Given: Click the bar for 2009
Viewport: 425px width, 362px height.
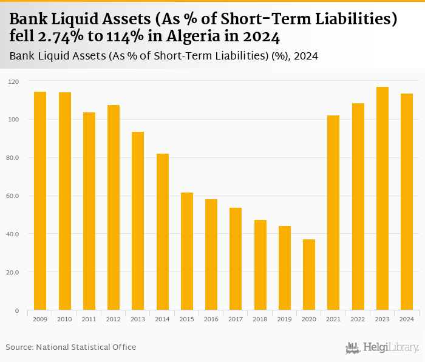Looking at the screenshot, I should (40, 200).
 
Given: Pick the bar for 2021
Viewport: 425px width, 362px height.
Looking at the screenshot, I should (333, 213).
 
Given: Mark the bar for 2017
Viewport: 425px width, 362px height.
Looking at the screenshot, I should (236, 259).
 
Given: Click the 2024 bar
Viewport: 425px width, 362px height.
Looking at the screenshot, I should (406, 202).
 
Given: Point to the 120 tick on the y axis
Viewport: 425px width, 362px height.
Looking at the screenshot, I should (14, 81).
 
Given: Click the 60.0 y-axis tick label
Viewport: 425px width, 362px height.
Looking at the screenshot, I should (13, 196).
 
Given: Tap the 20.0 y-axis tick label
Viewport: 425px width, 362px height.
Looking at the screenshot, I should (13, 272).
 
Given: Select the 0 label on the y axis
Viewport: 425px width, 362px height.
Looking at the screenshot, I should (17, 310).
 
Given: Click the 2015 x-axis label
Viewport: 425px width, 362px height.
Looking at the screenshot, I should (187, 319).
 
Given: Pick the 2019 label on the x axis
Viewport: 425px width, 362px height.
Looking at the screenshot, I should (284, 319).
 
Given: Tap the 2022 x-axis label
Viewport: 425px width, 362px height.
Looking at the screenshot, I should (358, 319).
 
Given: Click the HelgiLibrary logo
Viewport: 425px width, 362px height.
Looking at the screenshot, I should (382, 347).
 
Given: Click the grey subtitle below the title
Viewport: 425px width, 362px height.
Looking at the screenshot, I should (164, 56).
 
